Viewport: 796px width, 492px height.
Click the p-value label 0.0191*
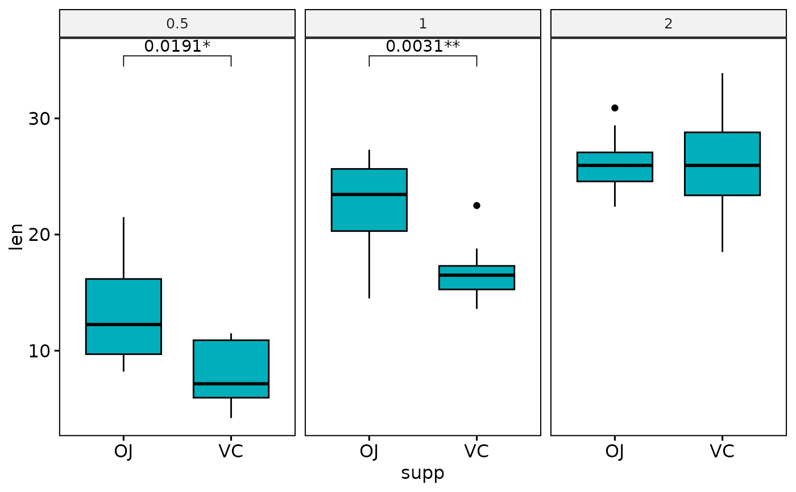click(x=177, y=46)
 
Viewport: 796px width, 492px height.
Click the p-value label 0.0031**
click(x=422, y=46)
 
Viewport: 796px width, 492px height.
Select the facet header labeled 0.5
click(x=177, y=24)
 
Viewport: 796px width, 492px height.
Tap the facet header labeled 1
click(x=422, y=24)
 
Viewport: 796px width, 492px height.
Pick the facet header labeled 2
click(x=668, y=24)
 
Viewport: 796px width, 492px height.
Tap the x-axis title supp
click(x=422, y=473)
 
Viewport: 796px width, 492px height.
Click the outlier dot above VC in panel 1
click(x=476, y=205)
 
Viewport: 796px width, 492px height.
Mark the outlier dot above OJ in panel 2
click(x=615, y=107)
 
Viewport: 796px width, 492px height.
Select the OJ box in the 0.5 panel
click(x=123, y=316)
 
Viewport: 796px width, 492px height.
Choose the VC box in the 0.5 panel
click(x=231, y=369)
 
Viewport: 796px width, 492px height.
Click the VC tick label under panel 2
click(x=722, y=452)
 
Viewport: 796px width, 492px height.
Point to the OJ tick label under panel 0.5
click(x=123, y=452)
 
